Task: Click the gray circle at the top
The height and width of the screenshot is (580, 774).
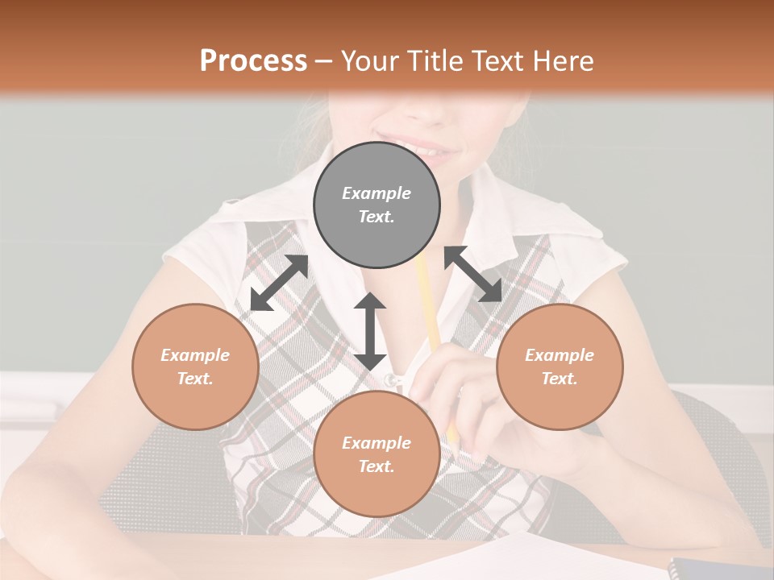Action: coord(377,205)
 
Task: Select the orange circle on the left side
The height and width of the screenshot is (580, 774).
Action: coord(195,367)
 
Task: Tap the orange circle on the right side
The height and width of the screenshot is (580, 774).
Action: coord(560,367)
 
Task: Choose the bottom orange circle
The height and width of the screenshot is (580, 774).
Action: coord(377,454)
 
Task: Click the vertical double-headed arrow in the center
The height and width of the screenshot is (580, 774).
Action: coord(370,330)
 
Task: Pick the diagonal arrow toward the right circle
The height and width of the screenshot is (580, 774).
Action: coord(473,274)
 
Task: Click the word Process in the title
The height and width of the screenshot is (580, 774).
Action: coord(253,60)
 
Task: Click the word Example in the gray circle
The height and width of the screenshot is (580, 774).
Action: coord(377,193)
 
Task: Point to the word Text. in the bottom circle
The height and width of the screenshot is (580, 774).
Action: coord(377,466)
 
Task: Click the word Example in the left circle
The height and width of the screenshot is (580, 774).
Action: coord(195,355)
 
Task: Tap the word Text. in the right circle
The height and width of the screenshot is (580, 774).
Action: coord(560,379)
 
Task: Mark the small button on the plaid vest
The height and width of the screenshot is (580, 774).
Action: coord(392,379)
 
